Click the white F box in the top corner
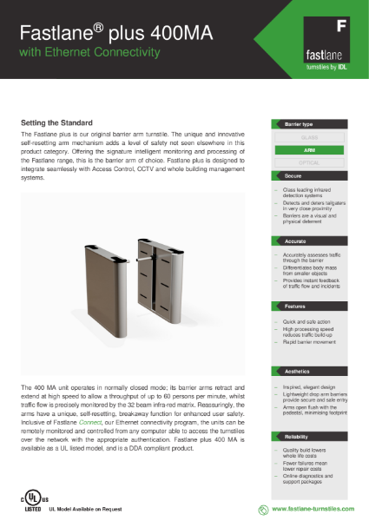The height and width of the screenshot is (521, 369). [x=342, y=25]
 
